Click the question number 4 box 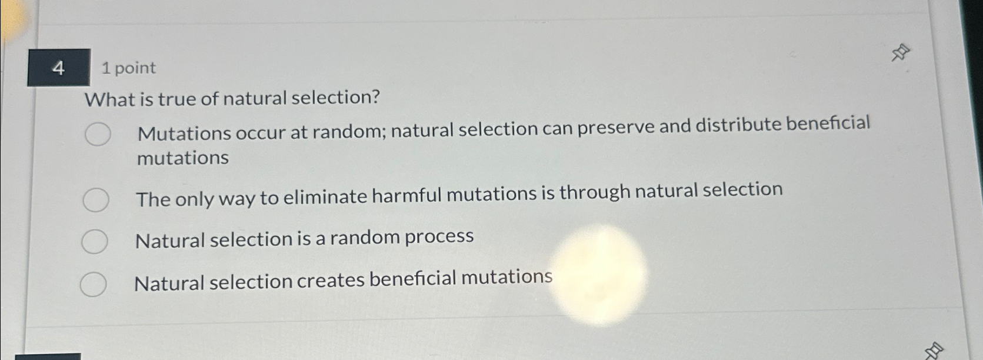pos(58,68)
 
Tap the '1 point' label pos(128,68)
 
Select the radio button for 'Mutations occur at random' pos(97,134)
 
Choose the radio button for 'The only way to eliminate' pos(95,200)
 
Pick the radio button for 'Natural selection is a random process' pos(94,241)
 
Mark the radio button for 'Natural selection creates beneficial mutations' pos(93,284)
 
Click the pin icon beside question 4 pos(900,53)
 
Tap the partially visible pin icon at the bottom pos(934,351)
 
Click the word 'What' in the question pos(110,99)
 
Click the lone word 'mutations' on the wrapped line pos(183,158)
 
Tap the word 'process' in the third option pos(439,236)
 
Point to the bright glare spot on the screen pos(598,275)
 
